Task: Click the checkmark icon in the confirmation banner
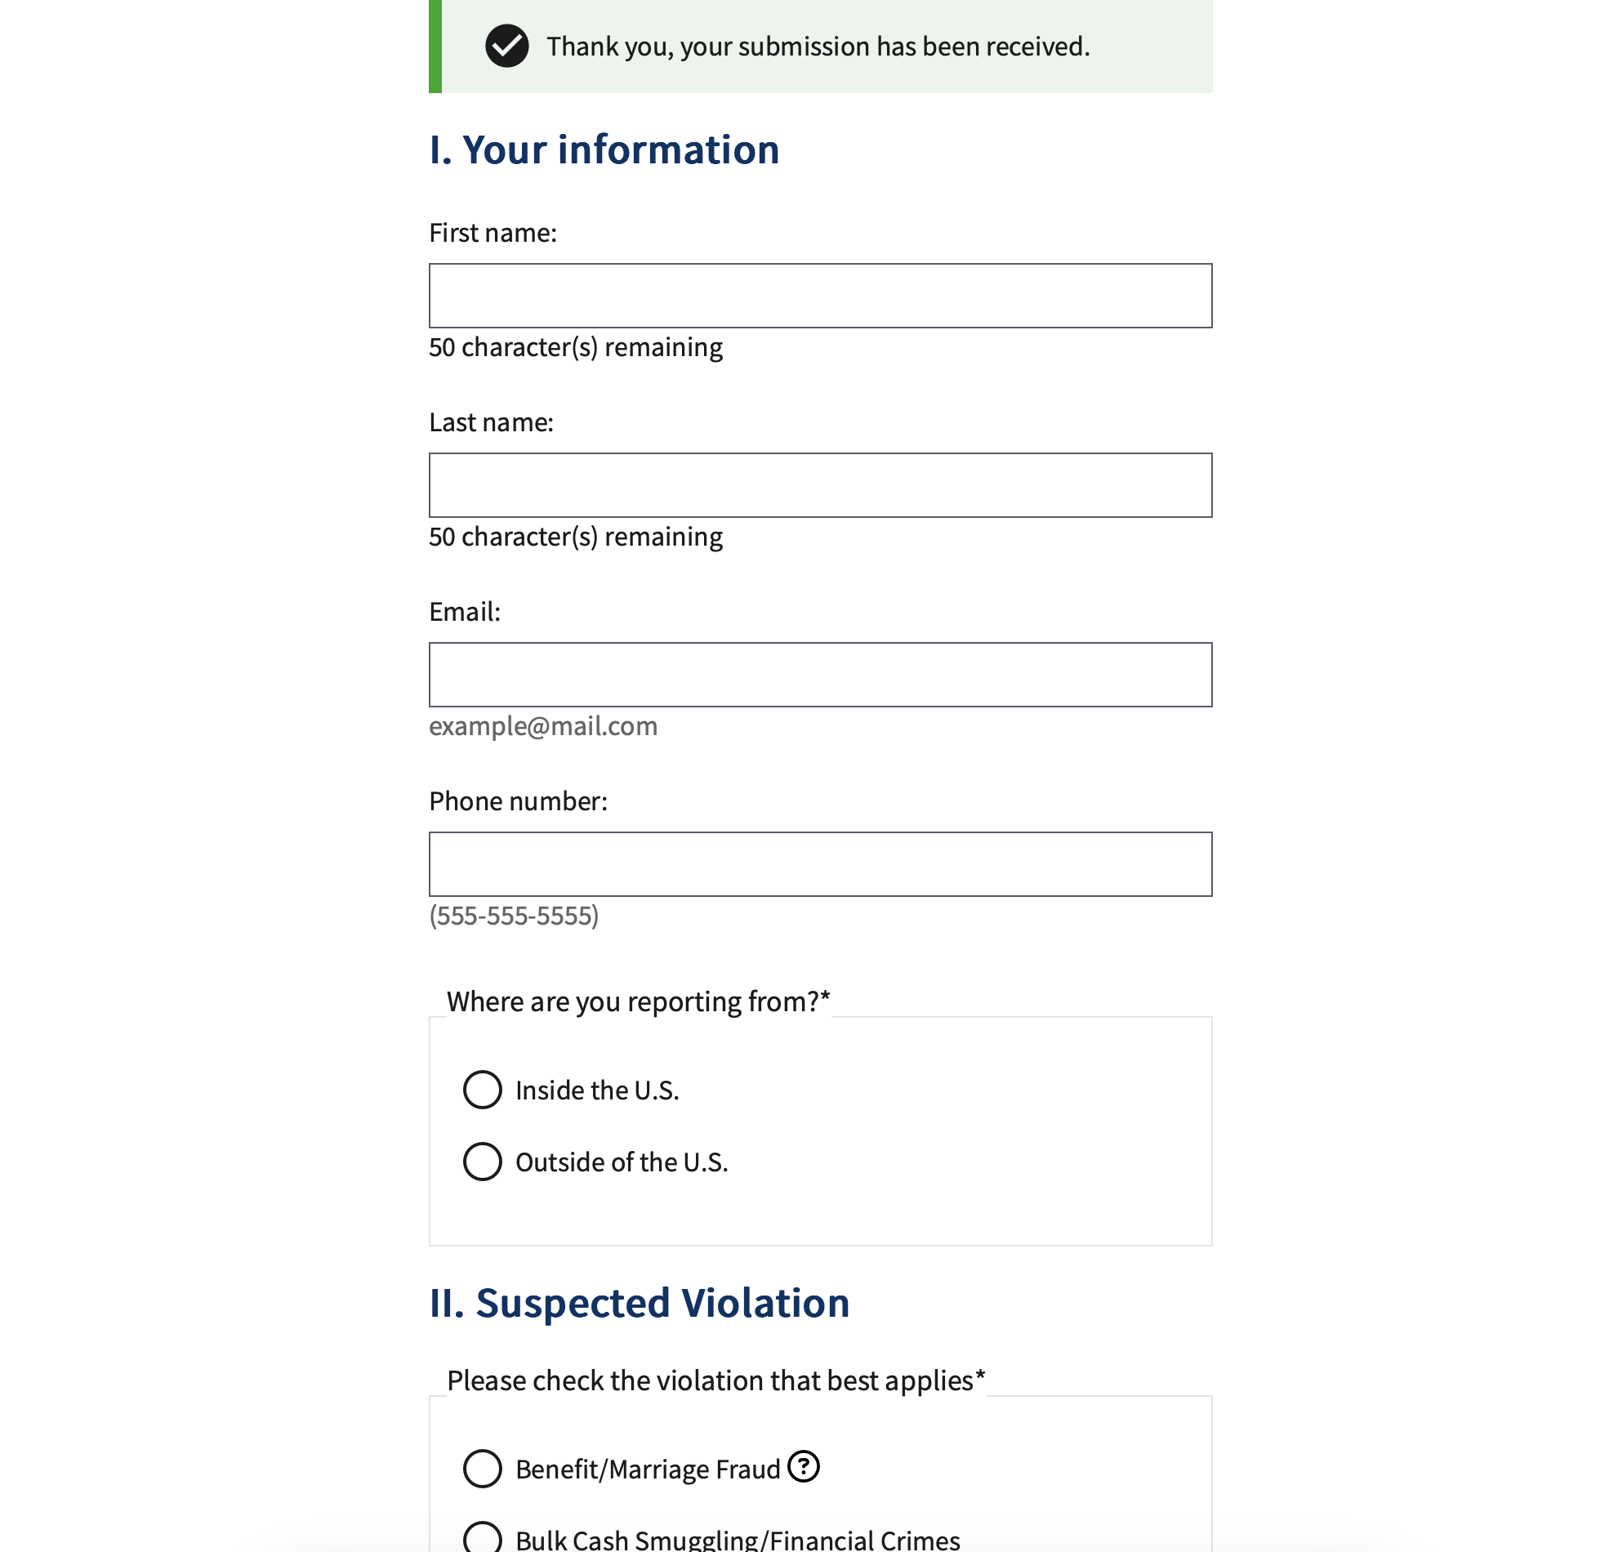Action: point(506,46)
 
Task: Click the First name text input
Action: point(819,296)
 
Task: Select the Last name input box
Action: point(819,485)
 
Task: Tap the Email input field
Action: point(819,675)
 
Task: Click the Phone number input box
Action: point(819,865)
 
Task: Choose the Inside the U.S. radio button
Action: point(483,1090)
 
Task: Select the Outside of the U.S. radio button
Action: point(483,1162)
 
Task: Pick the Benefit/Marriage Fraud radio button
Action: point(483,1468)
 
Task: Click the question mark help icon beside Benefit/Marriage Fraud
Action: point(804,1466)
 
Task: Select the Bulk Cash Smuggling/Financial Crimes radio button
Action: point(483,1538)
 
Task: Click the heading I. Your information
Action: point(604,149)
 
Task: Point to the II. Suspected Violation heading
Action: point(639,1303)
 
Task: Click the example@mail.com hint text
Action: point(542,727)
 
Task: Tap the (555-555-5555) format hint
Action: point(514,916)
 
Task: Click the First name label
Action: point(493,234)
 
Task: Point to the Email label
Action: point(465,612)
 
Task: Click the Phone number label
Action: point(518,801)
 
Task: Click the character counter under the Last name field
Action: point(576,537)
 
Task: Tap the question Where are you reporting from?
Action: point(638,1001)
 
